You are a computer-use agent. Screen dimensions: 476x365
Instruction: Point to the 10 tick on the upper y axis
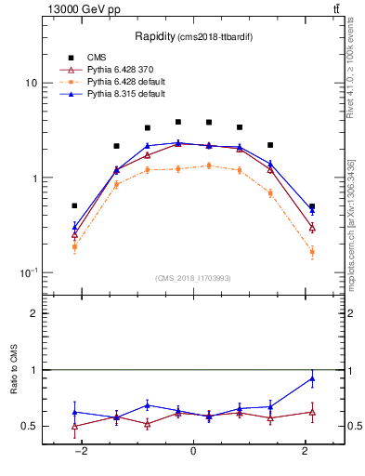(x=31, y=83)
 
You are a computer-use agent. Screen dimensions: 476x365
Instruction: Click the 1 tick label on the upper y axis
(x=33, y=178)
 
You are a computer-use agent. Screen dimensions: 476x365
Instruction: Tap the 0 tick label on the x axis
(x=193, y=451)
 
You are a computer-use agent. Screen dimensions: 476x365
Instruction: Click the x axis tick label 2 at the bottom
(x=306, y=451)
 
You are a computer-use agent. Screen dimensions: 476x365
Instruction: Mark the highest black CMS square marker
(x=178, y=122)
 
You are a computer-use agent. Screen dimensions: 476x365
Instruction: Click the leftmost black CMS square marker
(x=74, y=205)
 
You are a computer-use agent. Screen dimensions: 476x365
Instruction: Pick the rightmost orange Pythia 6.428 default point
(x=312, y=252)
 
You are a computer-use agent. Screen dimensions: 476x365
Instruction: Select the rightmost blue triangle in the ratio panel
(x=312, y=377)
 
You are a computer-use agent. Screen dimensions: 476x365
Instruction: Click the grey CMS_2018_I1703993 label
(x=192, y=278)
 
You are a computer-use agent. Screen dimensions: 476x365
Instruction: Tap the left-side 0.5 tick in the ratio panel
(x=30, y=426)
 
